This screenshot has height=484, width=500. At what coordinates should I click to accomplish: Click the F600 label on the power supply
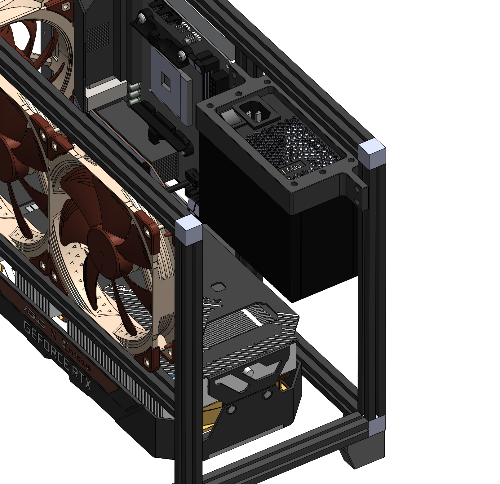pos(292,168)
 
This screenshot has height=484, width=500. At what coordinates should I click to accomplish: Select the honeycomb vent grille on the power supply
pos(294,143)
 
